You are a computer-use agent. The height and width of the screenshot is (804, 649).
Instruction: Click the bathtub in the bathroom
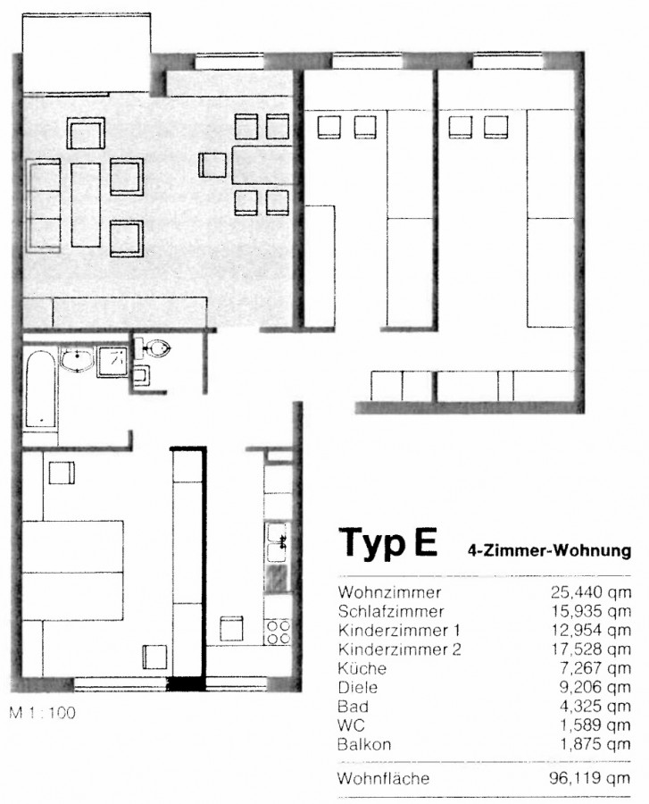(x=40, y=389)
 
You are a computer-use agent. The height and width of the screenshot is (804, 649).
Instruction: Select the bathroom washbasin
(x=77, y=359)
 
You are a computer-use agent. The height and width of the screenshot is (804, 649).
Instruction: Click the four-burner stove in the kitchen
(x=278, y=632)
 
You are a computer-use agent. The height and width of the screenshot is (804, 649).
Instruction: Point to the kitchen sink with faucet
(x=278, y=542)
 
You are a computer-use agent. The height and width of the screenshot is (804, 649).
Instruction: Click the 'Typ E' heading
(x=387, y=541)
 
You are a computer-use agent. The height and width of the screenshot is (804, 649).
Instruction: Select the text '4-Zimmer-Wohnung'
(x=549, y=550)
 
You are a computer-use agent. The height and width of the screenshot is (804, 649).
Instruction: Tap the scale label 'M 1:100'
(x=43, y=713)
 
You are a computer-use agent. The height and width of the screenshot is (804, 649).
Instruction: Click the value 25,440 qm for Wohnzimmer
(x=591, y=593)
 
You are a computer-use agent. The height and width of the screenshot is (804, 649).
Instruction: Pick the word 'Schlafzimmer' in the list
(x=391, y=611)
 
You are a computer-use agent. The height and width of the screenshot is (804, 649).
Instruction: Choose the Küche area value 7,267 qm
(x=595, y=668)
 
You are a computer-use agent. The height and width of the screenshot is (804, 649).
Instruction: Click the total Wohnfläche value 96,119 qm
(x=589, y=778)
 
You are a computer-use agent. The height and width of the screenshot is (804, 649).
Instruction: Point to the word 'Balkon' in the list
(x=364, y=744)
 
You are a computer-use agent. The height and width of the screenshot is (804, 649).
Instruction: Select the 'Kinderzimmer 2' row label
(x=400, y=649)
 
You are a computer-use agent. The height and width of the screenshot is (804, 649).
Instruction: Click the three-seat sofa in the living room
(x=44, y=205)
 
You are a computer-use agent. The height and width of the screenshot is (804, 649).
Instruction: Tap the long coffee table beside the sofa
(x=86, y=205)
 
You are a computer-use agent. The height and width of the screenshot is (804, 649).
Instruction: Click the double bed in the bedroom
(x=72, y=570)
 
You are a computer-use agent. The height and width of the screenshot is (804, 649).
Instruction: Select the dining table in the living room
(x=262, y=165)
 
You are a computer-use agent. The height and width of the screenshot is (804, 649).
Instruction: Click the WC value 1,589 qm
(x=595, y=725)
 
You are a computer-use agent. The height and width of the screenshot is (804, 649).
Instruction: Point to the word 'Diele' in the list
(x=358, y=687)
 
